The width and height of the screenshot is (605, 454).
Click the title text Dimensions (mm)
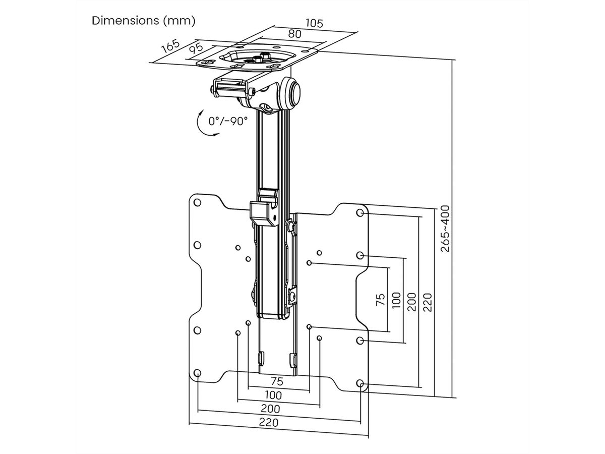[x=143, y=21]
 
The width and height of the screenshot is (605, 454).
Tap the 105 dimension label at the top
[x=314, y=23]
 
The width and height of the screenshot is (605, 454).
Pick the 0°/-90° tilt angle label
[x=228, y=121]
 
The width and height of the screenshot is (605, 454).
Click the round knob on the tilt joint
[x=293, y=93]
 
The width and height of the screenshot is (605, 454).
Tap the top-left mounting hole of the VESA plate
[x=197, y=203]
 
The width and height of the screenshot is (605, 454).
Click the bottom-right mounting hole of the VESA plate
[x=360, y=384]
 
